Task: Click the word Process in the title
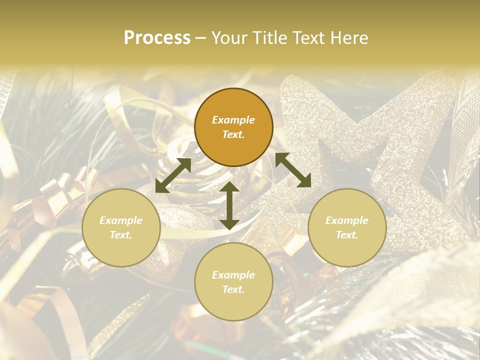click(157, 38)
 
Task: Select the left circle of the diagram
click(121, 227)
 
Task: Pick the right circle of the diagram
click(347, 227)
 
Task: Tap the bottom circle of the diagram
click(233, 281)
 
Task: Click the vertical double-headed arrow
click(229, 205)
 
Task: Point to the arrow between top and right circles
click(293, 170)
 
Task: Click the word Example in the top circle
click(233, 120)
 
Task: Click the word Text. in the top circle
click(233, 134)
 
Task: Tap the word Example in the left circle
click(121, 220)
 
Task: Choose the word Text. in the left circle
click(121, 235)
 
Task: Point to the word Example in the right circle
click(347, 220)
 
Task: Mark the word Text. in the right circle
click(347, 235)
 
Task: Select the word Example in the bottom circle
click(233, 274)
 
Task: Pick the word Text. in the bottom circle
click(233, 289)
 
